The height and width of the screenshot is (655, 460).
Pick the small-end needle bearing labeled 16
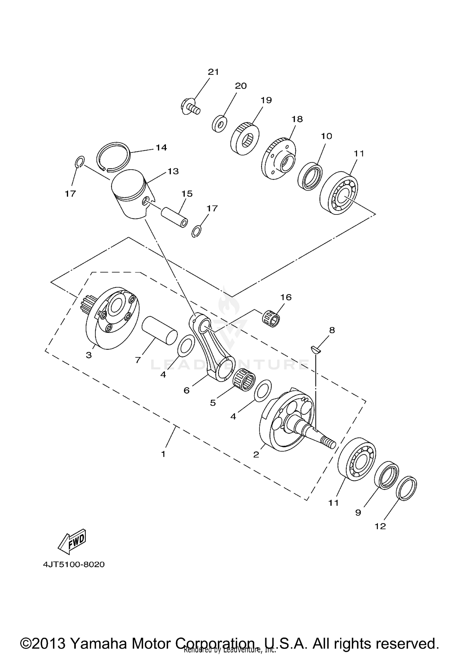[x=272, y=319]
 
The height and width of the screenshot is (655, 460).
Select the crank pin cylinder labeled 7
[x=159, y=331]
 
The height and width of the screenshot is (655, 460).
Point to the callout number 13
[x=173, y=171]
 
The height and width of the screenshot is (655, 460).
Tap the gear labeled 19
[x=244, y=139]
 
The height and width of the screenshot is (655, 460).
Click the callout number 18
[x=297, y=119]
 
